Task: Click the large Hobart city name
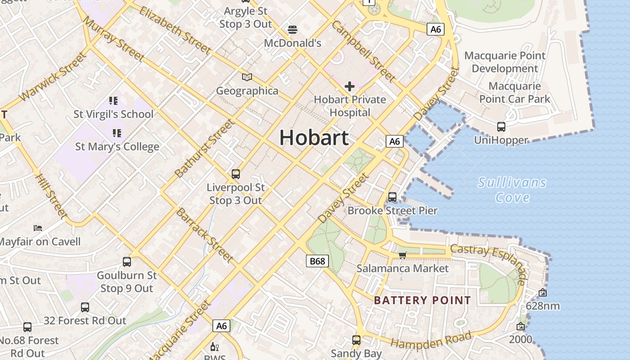click(314, 137)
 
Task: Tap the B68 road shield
click(318, 261)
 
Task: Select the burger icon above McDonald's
click(292, 30)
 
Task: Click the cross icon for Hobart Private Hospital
click(350, 86)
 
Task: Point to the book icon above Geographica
click(247, 77)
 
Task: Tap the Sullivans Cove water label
click(512, 190)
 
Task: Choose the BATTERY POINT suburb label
click(423, 300)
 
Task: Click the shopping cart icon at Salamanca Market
click(403, 255)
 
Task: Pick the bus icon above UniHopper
click(501, 127)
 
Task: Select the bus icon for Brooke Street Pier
click(392, 197)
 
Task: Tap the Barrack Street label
click(204, 235)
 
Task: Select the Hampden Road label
click(431, 340)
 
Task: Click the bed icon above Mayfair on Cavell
click(38, 228)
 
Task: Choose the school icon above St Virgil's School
click(113, 100)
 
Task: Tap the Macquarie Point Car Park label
click(514, 92)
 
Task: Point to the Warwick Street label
click(53, 76)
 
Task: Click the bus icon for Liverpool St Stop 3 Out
click(235, 174)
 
